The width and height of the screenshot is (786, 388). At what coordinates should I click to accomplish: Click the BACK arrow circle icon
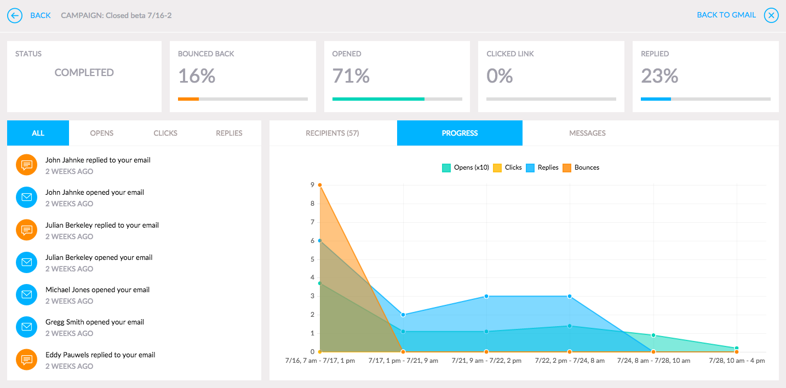coord(15,15)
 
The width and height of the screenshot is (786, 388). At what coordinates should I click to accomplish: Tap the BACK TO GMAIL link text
coord(726,15)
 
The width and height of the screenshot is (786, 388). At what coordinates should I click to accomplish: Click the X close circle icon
coord(771,15)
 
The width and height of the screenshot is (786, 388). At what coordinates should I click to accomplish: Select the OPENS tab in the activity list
coord(102,133)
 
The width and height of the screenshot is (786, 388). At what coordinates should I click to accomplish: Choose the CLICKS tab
coord(165,133)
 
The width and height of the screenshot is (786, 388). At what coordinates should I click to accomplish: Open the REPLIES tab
coord(229,133)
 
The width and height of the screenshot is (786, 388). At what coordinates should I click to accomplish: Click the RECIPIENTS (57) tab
coord(332,133)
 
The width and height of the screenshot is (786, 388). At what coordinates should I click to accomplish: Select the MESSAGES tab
coord(587,133)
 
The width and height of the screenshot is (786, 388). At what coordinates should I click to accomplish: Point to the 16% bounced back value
coord(197,76)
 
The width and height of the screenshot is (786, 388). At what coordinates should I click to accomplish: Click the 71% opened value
coord(351,76)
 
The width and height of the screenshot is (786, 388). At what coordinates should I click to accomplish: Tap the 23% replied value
coord(659,76)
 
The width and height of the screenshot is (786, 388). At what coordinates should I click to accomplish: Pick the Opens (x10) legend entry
coord(466,167)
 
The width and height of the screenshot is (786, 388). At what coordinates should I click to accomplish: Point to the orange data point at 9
coord(320,185)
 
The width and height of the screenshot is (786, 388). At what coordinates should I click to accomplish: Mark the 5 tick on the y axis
coord(312,259)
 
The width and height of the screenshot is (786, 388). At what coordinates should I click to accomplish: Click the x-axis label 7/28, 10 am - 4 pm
coord(737,361)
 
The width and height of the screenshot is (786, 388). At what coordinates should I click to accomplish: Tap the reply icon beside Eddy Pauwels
coord(26,360)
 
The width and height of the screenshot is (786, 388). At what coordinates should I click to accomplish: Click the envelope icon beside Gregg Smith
coord(26,327)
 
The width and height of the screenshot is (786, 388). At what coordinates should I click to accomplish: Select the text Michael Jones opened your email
coord(97,289)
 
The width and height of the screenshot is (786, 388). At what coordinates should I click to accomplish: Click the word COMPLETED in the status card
coord(84,73)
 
